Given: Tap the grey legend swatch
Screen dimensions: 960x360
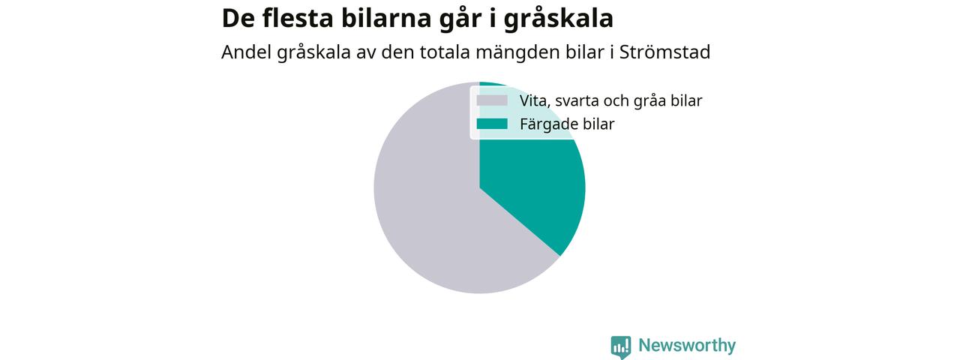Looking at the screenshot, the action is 492,100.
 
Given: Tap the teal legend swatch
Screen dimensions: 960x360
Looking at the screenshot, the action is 492,124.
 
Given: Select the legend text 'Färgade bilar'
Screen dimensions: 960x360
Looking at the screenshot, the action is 567,124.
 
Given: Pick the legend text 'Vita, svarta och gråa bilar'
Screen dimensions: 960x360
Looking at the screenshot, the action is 610,101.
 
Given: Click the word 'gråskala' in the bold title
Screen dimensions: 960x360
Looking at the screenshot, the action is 559,19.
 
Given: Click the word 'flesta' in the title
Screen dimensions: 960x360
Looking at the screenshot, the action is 298,18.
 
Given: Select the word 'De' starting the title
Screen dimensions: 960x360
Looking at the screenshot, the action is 238,19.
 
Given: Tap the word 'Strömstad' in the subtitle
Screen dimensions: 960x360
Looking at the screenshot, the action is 664,52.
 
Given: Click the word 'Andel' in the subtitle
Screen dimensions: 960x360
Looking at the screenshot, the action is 246,52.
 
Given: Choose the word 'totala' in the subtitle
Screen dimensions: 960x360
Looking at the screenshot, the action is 445,52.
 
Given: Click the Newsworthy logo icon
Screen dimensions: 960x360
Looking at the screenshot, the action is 621,347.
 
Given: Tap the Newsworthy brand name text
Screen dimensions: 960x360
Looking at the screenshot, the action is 687,346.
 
